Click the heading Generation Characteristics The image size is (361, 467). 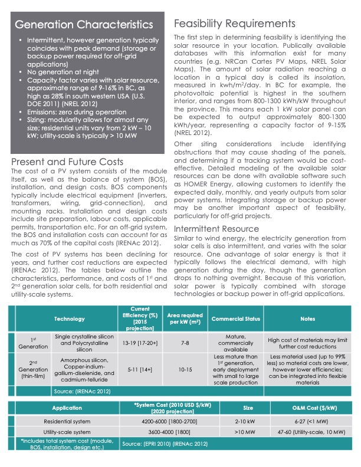coord(84,25)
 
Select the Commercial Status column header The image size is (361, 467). coord(235,319)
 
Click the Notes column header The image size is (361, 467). coord(307,319)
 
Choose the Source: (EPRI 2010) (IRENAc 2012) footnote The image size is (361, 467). coord(165,443)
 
